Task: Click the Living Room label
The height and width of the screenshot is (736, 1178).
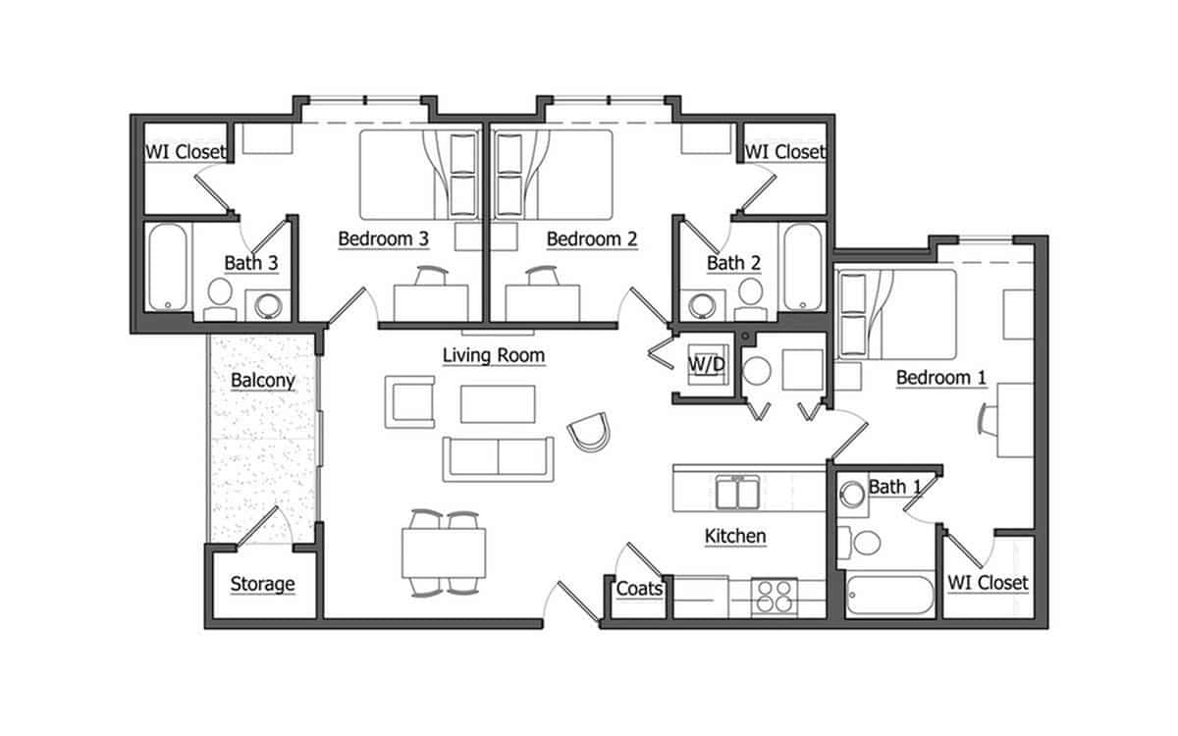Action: tap(493, 355)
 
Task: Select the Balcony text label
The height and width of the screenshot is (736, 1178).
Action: tap(262, 381)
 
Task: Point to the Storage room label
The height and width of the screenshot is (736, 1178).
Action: tap(262, 585)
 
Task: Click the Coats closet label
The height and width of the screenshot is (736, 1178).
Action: tap(639, 589)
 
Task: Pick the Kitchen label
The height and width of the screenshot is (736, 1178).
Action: tap(735, 537)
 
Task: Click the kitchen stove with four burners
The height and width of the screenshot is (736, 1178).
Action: tap(776, 597)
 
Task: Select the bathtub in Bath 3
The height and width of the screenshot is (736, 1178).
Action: tap(168, 267)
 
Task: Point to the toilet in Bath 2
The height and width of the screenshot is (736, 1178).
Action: tap(751, 295)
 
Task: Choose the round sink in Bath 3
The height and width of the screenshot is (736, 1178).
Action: tap(267, 305)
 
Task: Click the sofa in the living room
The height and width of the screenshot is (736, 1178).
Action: tap(497, 458)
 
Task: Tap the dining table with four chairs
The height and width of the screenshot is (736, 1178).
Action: tap(444, 552)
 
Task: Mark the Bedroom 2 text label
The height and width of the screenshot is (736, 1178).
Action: tap(592, 238)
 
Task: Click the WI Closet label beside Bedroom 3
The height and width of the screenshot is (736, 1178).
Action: tap(186, 152)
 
